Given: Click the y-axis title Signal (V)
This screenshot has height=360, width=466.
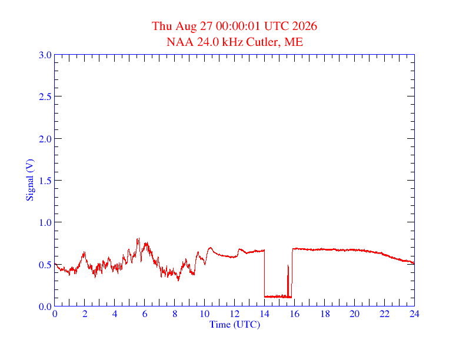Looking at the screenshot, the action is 31,180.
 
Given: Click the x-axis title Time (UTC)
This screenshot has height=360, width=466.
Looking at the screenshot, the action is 235,324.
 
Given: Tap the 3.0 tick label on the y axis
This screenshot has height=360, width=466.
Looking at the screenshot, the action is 45,55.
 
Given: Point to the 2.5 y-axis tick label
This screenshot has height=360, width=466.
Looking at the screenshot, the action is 45,96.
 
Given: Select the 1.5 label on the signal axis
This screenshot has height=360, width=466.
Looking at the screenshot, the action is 45,181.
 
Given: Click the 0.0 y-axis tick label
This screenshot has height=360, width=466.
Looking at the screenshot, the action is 45,306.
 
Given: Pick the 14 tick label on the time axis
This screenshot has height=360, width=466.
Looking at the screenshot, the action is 265,314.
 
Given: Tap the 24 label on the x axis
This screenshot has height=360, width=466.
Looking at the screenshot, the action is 414,314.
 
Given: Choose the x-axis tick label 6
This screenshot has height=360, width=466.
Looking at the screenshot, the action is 145,314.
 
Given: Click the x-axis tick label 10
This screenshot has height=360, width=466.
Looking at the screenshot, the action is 205,314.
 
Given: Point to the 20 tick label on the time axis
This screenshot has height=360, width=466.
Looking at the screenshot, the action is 354,314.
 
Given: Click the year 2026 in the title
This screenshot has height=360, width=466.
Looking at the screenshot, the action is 305,26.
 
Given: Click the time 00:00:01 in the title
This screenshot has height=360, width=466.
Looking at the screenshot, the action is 238,26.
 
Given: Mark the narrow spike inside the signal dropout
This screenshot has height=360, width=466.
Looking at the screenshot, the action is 288,281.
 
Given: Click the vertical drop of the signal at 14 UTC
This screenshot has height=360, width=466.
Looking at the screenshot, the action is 265,274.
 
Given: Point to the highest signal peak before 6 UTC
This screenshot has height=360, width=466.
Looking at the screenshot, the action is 138,238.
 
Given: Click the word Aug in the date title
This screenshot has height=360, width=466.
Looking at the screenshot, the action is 186,26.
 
